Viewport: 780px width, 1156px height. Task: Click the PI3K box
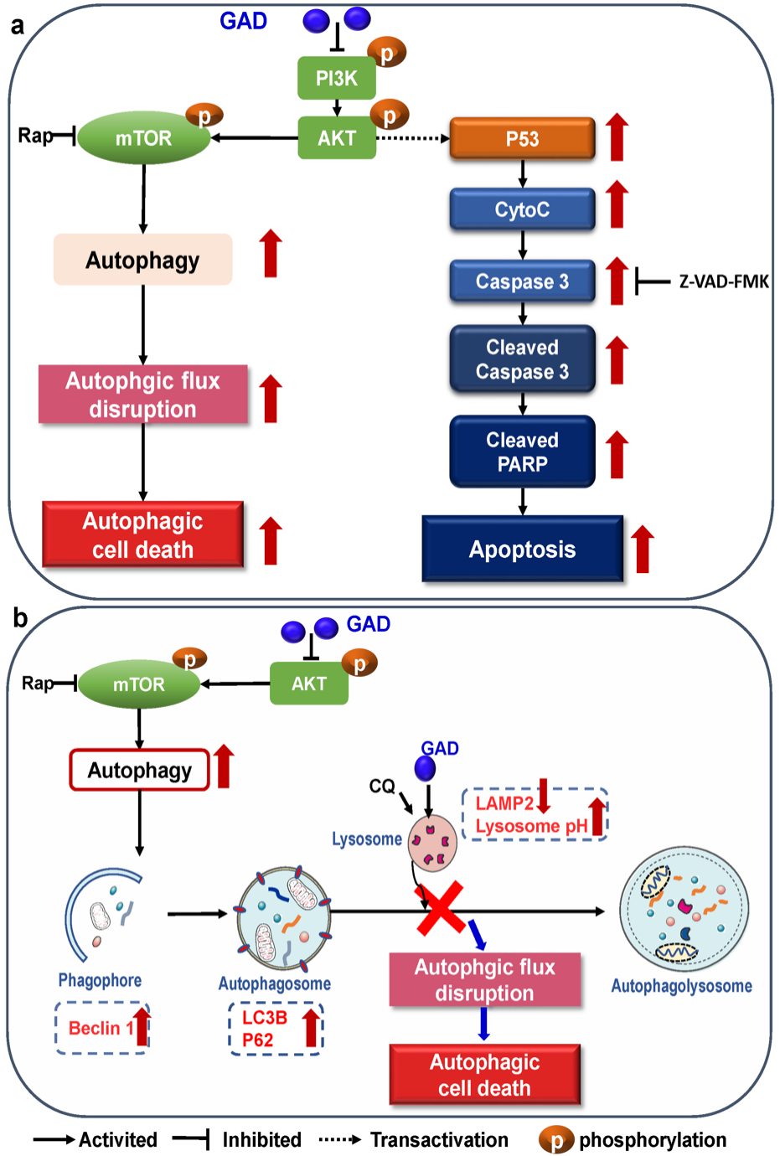click(x=337, y=78)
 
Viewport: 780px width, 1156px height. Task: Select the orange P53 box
click(x=522, y=138)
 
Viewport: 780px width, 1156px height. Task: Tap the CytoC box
click(x=522, y=209)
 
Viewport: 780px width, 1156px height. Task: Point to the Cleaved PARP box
click(x=522, y=452)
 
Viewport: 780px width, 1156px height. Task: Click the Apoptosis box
click(x=522, y=550)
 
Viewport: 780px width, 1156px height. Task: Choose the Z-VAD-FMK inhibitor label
click(x=724, y=282)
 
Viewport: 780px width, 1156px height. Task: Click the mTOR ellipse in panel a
click(x=143, y=137)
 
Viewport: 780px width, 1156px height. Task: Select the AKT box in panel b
click(x=308, y=684)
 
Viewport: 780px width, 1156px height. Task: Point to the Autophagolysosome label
click(x=681, y=986)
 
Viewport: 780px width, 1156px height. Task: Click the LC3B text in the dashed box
click(x=265, y=1017)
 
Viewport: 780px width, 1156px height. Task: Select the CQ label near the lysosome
click(x=382, y=786)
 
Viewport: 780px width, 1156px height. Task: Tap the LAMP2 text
click(x=504, y=803)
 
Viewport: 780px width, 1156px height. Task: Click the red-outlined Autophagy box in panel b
click(x=139, y=770)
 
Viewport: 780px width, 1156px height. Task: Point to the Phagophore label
click(x=100, y=980)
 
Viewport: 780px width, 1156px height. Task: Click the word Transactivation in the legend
click(x=439, y=1140)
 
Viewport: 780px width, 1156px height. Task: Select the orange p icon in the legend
click(x=556, y=1140)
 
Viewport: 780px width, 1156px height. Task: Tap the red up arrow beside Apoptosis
click(x=643, y=550)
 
